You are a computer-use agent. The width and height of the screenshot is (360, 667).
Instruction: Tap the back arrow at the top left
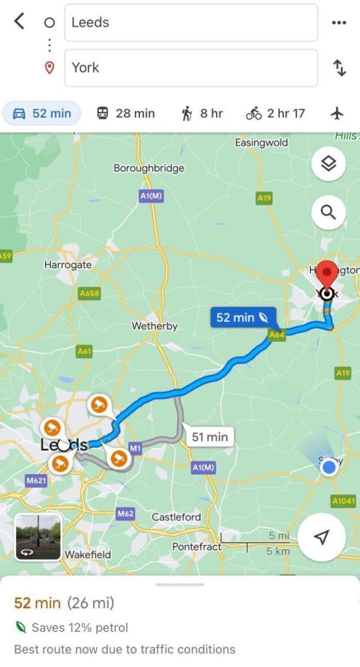(x=20, y=21)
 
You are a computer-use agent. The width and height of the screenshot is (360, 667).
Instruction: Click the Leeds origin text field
(x=191, y=22)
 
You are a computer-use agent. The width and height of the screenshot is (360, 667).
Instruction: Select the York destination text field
(x=191, y=68)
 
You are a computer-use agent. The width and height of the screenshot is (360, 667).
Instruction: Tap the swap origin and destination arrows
(x=339, y=68)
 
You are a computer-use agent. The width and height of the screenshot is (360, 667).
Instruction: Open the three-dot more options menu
(x=339, y=22)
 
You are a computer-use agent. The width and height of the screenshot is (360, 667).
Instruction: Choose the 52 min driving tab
(x=42, y=113)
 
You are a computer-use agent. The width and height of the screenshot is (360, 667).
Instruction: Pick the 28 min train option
(x=126, y=113)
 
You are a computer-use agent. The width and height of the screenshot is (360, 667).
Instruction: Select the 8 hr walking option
(x=202, y=113)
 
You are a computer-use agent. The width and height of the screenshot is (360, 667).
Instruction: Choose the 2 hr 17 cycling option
(x=275, y=113)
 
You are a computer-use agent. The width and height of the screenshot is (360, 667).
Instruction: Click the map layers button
(x=328, y=164)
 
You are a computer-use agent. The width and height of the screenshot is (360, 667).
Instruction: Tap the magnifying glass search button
(x=328, y=212)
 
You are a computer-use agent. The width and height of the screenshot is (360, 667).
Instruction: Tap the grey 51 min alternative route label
(x=208, y=436)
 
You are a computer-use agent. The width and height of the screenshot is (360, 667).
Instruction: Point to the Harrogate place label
(x=68, y=265)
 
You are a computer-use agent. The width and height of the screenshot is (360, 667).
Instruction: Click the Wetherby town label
(x=155, y=326)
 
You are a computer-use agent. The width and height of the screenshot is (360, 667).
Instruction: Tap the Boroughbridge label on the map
(x=149, y=168)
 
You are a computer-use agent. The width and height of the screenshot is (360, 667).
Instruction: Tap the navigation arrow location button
(x=322, y=537)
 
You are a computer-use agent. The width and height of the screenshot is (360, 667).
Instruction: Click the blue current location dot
(x=330, y=467)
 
